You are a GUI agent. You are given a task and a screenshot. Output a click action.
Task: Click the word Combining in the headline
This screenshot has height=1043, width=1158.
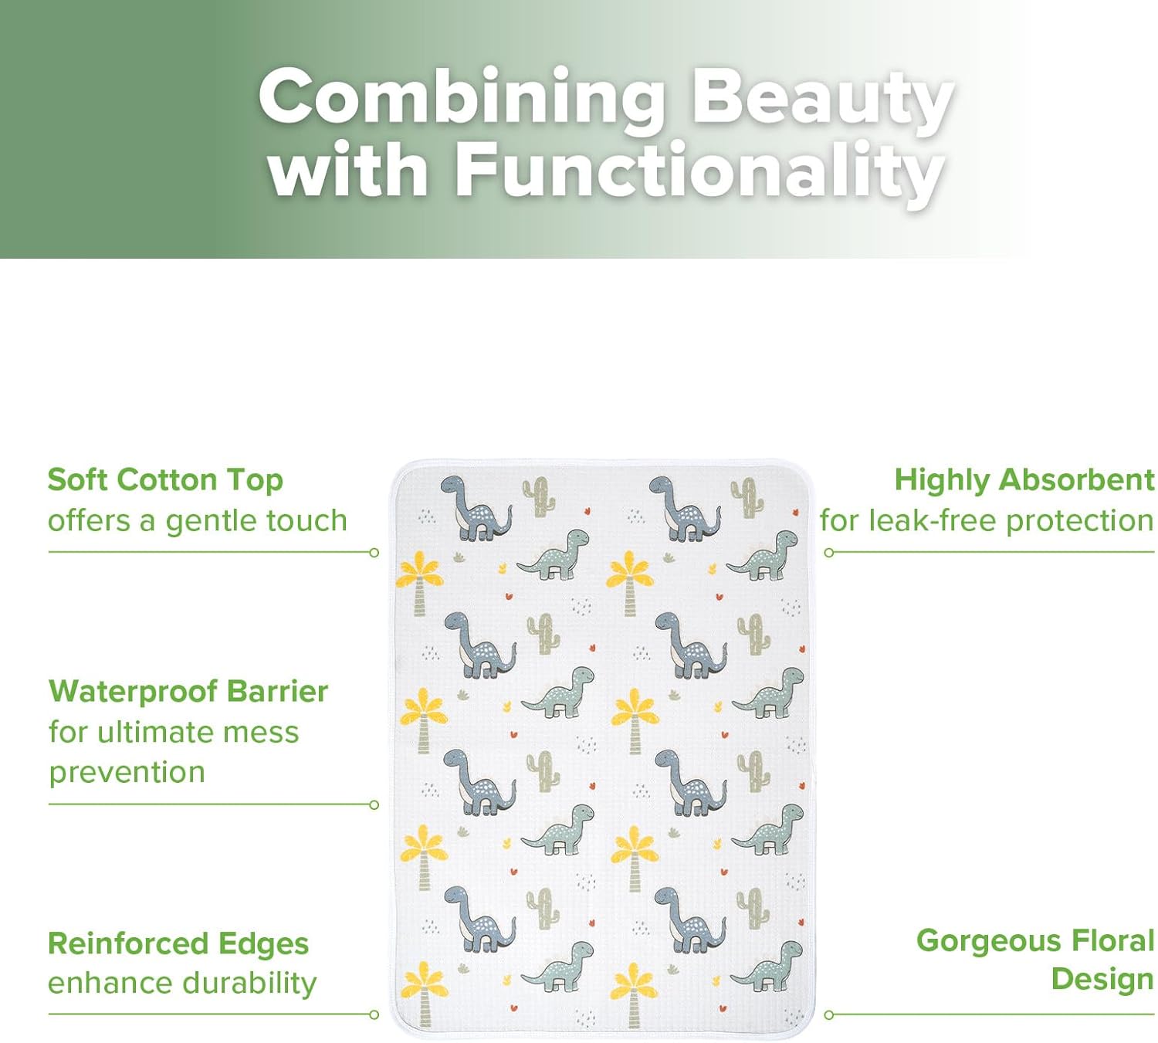tap(462, 97)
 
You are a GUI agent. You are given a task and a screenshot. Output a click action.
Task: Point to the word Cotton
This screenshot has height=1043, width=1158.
tap(169, 480)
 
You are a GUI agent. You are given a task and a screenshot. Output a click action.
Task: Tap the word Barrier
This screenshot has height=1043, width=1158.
tap(277, 691)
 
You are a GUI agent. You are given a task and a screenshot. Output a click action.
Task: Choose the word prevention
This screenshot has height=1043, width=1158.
tap(127, 773)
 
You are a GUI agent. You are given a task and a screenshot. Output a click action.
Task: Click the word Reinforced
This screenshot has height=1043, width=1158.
tap(128, 944)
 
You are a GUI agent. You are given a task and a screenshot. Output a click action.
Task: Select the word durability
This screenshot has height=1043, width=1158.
tap(249, 984)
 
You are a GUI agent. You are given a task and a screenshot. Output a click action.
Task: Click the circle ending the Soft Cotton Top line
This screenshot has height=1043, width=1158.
tap(374, 553)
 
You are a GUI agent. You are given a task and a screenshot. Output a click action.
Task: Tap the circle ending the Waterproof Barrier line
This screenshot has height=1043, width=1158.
tap(374, 804)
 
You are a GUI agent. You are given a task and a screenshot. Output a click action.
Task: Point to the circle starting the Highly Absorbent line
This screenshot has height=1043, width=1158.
tap(829, 553)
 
